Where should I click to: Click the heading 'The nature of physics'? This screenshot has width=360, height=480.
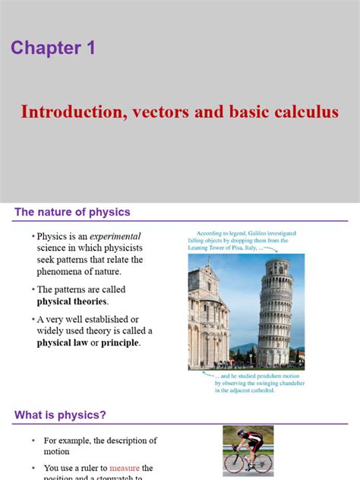point(72,212)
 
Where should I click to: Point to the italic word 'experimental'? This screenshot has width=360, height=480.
point(115,236)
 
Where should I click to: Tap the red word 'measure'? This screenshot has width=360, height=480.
point(125,468)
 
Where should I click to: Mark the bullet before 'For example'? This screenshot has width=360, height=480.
point(33,441)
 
